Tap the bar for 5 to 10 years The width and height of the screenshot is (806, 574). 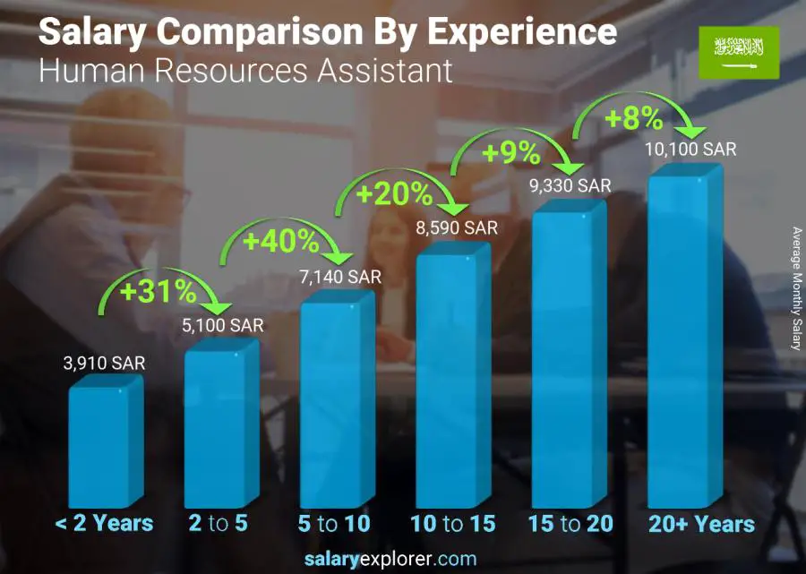tap(337, 403)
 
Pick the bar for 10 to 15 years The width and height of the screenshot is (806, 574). tap(453, 376)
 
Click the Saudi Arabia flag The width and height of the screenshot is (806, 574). tap(738, 52)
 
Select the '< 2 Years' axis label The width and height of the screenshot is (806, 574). tap(104, 524)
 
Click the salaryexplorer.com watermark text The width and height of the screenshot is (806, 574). tap(402, 560)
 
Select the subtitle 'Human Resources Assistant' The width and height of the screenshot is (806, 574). tap(246, 70)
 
